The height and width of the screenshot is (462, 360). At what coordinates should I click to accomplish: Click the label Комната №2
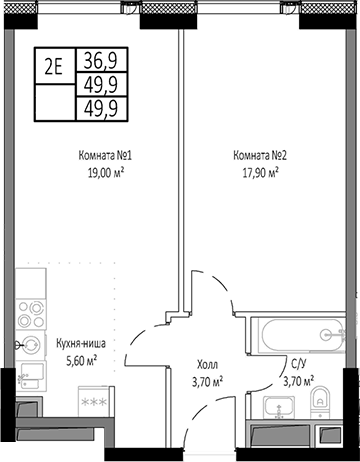tap(259, 155)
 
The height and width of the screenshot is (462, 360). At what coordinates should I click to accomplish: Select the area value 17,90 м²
tap(259, 172)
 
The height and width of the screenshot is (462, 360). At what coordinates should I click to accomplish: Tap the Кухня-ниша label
tap(82, 342)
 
